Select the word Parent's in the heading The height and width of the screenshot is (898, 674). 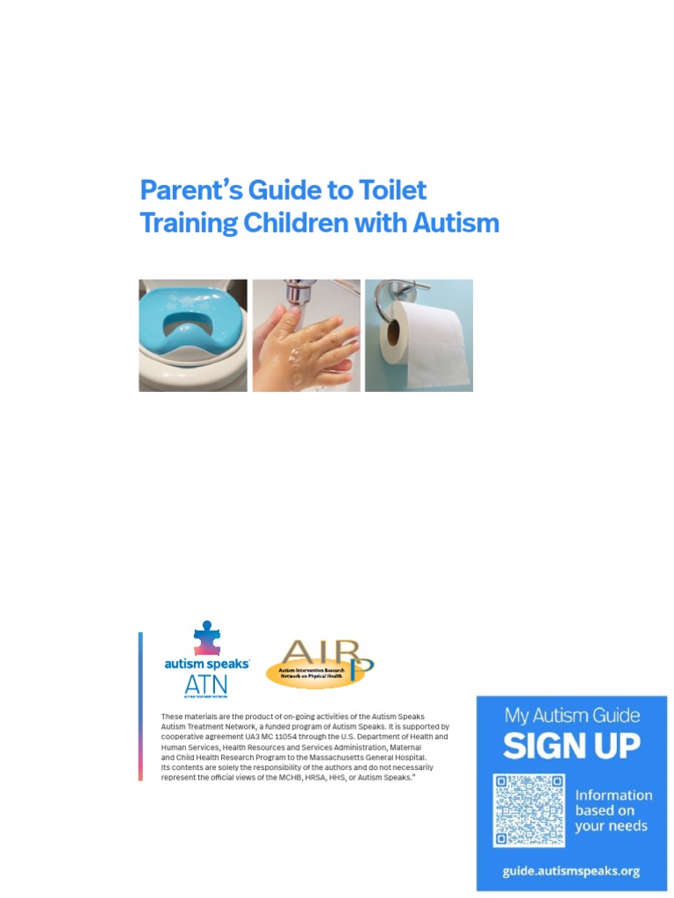point(178,190)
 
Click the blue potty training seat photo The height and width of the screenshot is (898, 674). point(192,335)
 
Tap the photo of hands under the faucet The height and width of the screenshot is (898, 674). point(306,335)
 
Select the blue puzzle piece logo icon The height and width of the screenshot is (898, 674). point(207,638)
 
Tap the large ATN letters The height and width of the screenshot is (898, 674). point(205,686)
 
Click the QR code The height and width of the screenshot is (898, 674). point(528,810)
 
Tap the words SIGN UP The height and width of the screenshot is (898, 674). point(571,746)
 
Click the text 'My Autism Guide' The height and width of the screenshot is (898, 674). point(571,715)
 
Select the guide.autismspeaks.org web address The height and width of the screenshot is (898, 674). point(570,871)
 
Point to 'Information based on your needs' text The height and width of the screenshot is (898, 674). point(613,810)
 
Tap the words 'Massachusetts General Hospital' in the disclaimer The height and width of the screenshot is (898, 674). point(369,757)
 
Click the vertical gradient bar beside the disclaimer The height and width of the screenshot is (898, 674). point(140,706)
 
